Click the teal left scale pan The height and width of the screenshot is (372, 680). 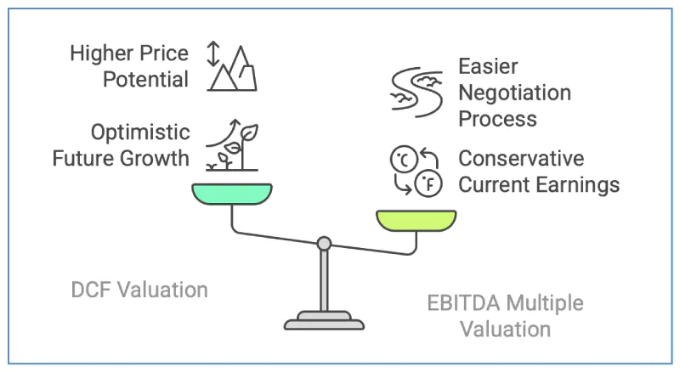[232, 194]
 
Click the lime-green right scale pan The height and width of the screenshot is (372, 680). [416, 220]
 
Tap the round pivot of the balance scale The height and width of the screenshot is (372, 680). [324, 244]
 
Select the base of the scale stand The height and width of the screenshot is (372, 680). [324, 321]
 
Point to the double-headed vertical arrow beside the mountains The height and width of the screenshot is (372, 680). [213, 54]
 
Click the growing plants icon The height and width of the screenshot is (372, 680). [232, 145]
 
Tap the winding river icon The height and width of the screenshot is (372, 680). [416, 92]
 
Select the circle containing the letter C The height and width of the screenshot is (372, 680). [404, 159]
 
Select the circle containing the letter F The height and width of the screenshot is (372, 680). [428, 183]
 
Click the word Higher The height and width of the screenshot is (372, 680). [102, 54]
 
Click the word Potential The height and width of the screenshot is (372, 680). [145, 80]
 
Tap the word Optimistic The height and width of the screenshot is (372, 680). [140, 132]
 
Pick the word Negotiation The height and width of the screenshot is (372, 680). [515, 93]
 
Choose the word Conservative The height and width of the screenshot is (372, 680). [521, 158]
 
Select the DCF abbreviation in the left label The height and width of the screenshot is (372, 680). [89, 290]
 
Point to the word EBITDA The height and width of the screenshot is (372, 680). [463, 303]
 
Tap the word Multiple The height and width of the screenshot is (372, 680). [544, 303]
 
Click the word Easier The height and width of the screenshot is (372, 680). [488, 67]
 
